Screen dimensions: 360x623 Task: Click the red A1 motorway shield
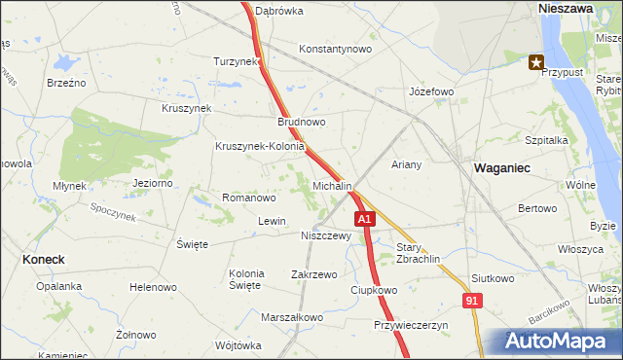tap(364, 220)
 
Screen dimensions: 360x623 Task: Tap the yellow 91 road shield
tap(471, 303)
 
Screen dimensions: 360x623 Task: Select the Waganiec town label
tap(501, 168)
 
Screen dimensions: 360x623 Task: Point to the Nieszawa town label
tap(567, 7)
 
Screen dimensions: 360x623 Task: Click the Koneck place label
tap(43, 260)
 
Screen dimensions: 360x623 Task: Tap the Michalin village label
tap(332, 185)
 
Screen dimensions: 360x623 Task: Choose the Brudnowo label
tap(302, 123)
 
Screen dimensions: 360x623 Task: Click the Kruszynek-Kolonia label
tap(260, 147)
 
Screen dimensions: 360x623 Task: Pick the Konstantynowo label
tap(336, 49)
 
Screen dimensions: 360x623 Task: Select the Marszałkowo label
tap(292, 317)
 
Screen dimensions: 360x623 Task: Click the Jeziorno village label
tap(152, 183)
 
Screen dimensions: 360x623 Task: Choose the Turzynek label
tap(237, 61)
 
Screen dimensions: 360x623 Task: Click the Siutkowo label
tap(492, 278)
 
